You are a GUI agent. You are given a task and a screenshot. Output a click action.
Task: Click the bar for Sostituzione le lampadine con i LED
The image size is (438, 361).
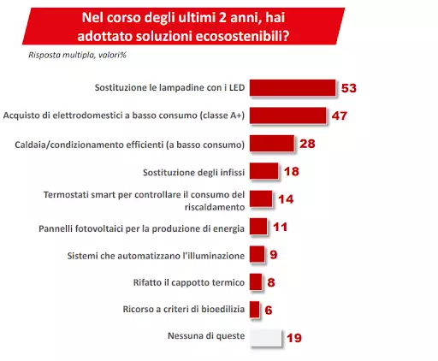coord(291,88)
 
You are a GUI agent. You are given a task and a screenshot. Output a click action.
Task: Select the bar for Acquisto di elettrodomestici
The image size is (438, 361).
coord(287,115)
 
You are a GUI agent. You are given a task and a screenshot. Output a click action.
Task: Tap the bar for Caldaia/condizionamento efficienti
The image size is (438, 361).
coord(271,143)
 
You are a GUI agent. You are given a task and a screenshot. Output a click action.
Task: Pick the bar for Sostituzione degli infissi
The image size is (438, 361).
coord(263,170)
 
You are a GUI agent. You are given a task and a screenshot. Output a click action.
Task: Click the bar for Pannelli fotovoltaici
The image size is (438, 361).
coord(257,227)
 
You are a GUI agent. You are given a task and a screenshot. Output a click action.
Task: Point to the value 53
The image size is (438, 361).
coord(347,88)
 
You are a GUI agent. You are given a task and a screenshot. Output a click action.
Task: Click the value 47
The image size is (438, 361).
coord(339,115)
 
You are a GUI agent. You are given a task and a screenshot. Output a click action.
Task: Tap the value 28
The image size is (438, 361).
coord(308,143)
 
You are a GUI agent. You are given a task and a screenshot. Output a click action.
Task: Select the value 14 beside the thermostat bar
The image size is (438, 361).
coord(287,198)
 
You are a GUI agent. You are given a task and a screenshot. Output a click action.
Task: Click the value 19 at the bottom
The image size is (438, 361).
coord(293,337)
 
